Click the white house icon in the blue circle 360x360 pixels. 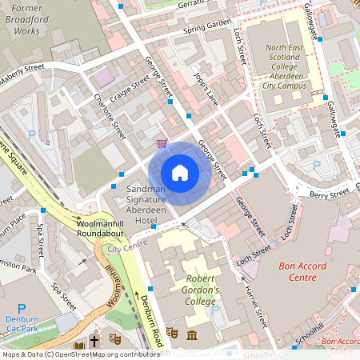pos(179,173)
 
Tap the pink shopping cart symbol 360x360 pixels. pos(162,142)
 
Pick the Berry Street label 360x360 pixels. pos(330,194)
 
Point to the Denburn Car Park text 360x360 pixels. pos(22,326)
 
